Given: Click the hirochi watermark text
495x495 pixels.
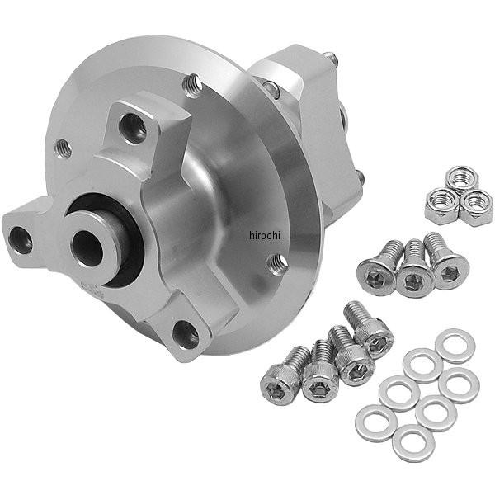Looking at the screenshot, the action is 265,235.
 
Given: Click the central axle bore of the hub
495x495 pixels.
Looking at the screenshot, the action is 87,248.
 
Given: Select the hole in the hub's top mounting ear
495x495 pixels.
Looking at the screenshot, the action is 133,128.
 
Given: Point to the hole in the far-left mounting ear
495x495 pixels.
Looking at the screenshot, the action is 20,241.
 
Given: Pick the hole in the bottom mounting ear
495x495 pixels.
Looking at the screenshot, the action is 186,335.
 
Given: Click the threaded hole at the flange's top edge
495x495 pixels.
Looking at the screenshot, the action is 192,85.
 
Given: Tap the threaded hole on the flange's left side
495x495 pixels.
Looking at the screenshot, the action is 63,148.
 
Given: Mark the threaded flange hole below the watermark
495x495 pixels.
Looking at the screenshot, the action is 277,264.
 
